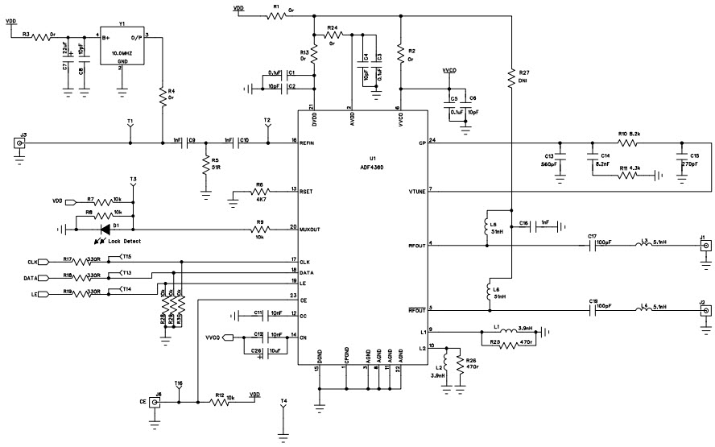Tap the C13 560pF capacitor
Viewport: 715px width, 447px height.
(x=561, y=155)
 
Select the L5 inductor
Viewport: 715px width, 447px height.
(x=487, y=222)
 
